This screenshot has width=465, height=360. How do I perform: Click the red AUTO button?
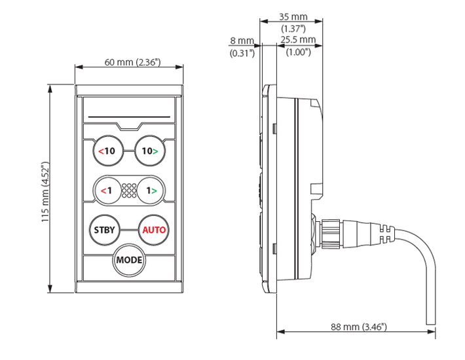pyautogui.click(x=155, y=230)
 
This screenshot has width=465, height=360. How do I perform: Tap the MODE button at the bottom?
pyautogui.click(x=129, y=261)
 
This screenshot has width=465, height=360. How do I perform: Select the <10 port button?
pyautogui.click(x=106, y=151)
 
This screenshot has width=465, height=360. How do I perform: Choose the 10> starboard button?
pyautogui.click(x=151, y=151)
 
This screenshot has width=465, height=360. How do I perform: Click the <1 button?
pyautogui.click(x=107, y=191)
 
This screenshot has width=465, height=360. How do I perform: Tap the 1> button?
pyautogui.click(x=151, y=191)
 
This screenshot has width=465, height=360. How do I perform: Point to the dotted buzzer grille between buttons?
pyautogui.click(x=129, y=191)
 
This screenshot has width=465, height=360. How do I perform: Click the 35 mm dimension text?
pyautogui.click(x=293, y=16)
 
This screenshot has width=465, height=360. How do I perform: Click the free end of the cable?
pyautogui.click(x=430, y=319)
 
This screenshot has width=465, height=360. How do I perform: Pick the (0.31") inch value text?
pyautogui.click(x=242, y=54)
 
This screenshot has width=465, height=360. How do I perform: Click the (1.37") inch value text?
pyautogui.click(x=293, y=29)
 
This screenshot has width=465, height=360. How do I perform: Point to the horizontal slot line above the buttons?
pyautogui.click(x=129, y=118)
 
